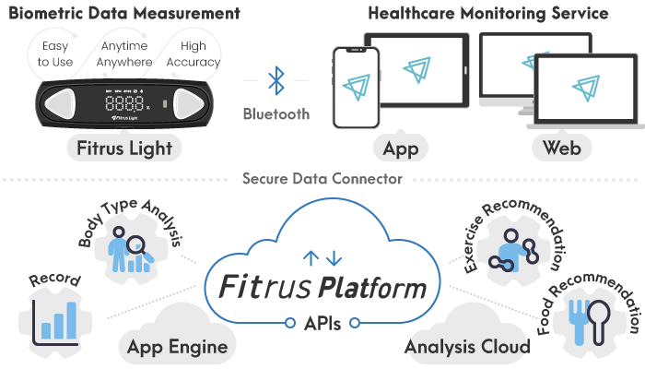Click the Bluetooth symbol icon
(276, 80)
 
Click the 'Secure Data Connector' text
(322, 179)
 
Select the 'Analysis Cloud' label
(467, 347)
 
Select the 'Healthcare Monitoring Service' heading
(487, 14)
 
